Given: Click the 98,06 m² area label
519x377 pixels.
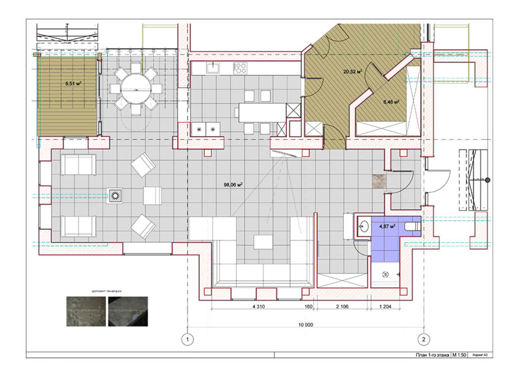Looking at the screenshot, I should coord(233,185).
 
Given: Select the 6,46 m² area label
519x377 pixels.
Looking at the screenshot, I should coord(391,102).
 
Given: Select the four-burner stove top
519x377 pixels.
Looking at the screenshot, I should coord(240,67).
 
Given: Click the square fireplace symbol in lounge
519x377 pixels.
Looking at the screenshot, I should coord(115,194).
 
